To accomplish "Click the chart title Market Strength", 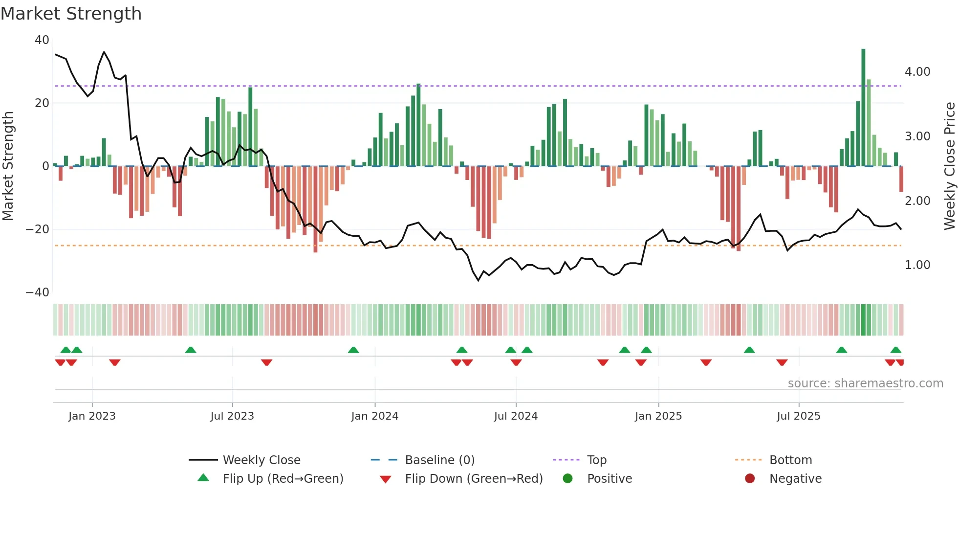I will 71,14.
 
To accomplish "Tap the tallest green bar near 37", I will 863,108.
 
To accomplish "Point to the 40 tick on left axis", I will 42,40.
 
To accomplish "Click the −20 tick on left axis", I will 38,229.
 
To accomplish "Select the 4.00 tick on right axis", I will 917,72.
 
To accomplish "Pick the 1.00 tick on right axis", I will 917,265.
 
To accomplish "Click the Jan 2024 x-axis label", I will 374,416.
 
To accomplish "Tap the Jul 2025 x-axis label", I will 798,416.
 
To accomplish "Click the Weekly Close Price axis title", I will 949,166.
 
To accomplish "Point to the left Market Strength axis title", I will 8,166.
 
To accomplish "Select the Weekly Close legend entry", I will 261,460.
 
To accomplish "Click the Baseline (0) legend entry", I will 439,460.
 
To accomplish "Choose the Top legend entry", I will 596,460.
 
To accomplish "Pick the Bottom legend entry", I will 790,460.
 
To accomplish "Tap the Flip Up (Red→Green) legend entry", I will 283,479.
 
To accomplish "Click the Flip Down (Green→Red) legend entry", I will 473,479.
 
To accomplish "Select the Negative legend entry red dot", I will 750,479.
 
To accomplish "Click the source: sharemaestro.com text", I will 865,383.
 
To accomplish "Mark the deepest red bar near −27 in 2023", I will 315,209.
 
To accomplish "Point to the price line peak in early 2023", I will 104,52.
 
